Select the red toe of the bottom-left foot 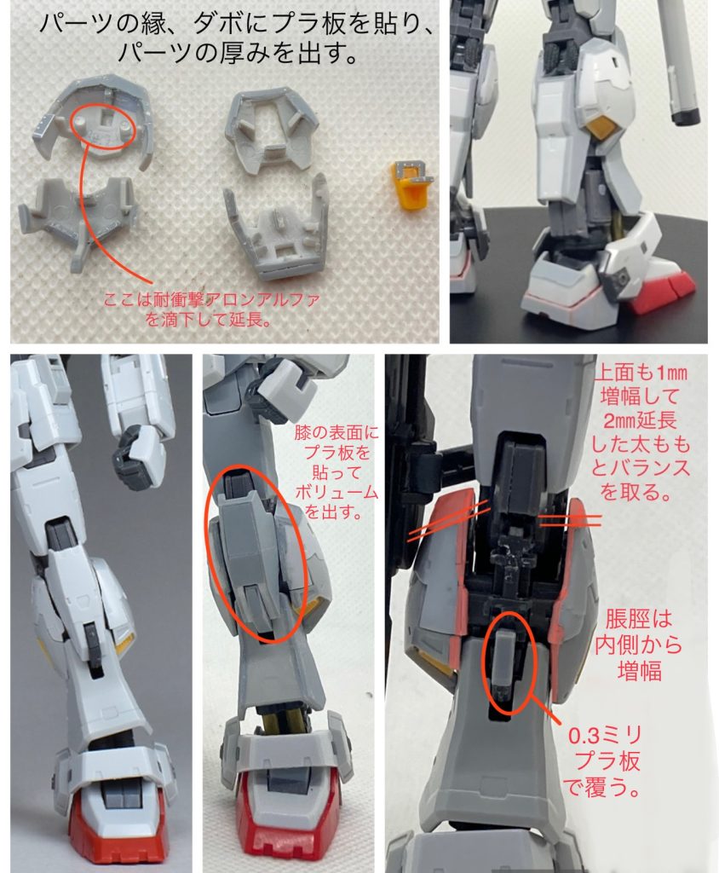point(114,826)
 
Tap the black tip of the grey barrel point(684,113)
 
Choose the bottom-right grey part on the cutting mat point(278,228)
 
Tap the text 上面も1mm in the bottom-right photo point(645,374)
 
